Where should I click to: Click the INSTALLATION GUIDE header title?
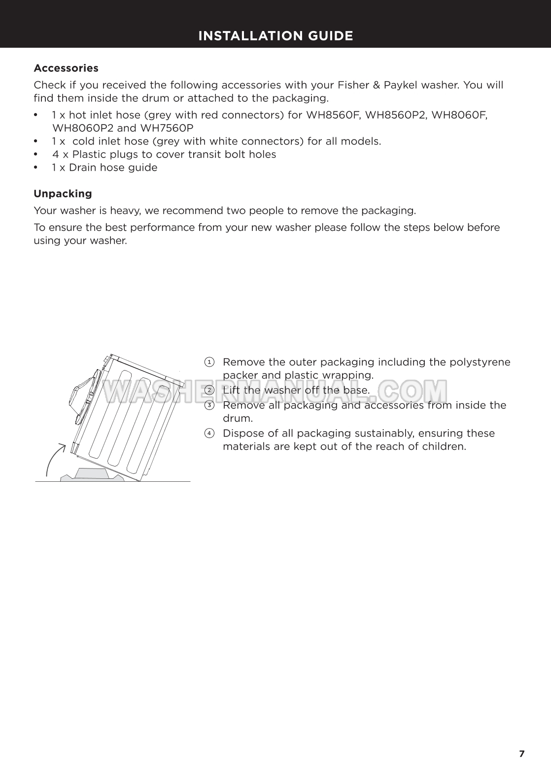275,36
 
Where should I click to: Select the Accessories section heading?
66,68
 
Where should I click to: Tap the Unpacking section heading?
63,193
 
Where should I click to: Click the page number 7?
522,754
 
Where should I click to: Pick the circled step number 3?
209,406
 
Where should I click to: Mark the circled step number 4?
209,434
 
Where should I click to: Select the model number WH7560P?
167,128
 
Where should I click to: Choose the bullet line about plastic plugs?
164,155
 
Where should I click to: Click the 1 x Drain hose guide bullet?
104,168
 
